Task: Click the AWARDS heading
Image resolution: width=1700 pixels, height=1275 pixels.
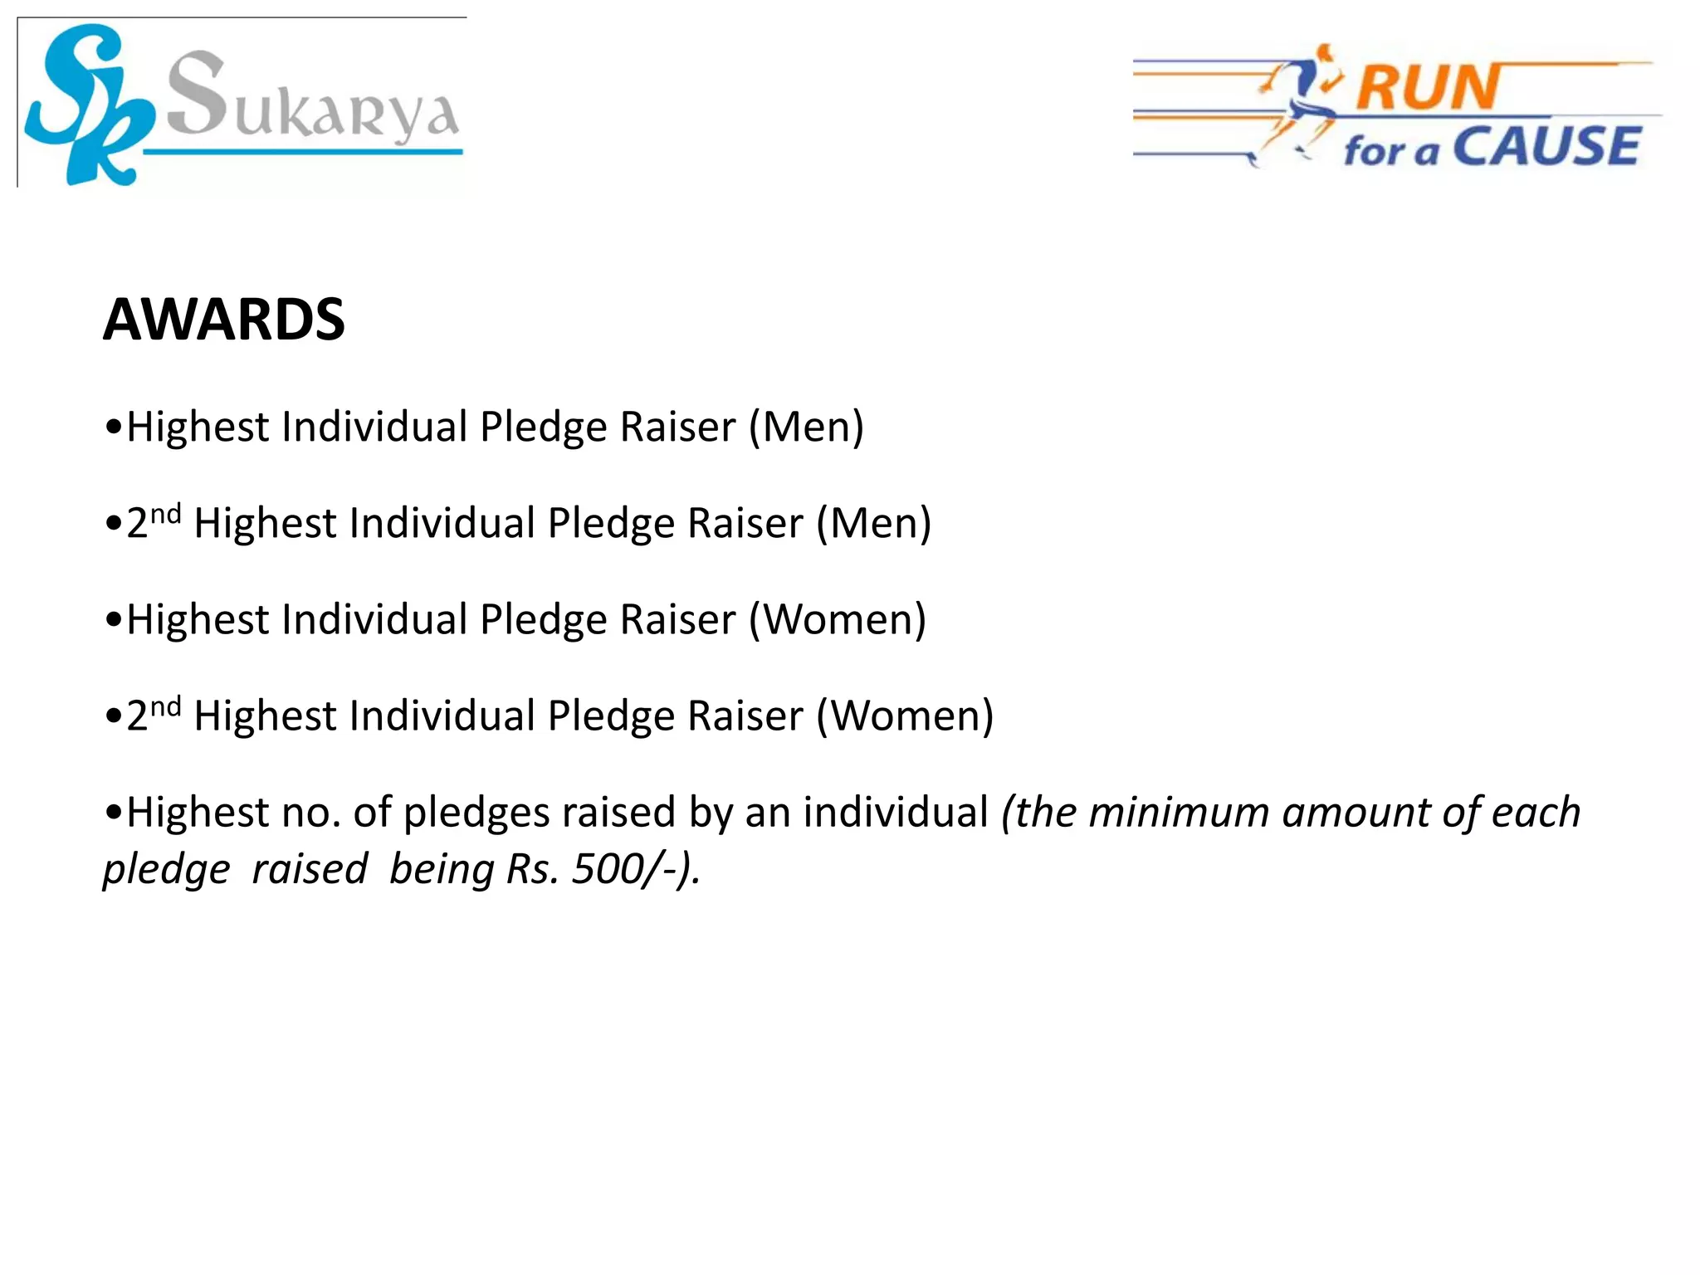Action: (223, 320)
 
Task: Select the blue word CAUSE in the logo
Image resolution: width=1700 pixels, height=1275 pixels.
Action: (1547, 147)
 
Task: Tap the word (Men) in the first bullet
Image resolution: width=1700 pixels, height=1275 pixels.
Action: (806, 427)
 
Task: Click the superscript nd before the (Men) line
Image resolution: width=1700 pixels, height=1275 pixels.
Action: (165, 514)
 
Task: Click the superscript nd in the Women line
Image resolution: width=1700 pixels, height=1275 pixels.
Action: (165, 706)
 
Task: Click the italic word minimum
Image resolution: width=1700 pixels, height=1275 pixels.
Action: (1179, 813)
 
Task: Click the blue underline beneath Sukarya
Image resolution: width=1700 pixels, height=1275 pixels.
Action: (303, 152)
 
